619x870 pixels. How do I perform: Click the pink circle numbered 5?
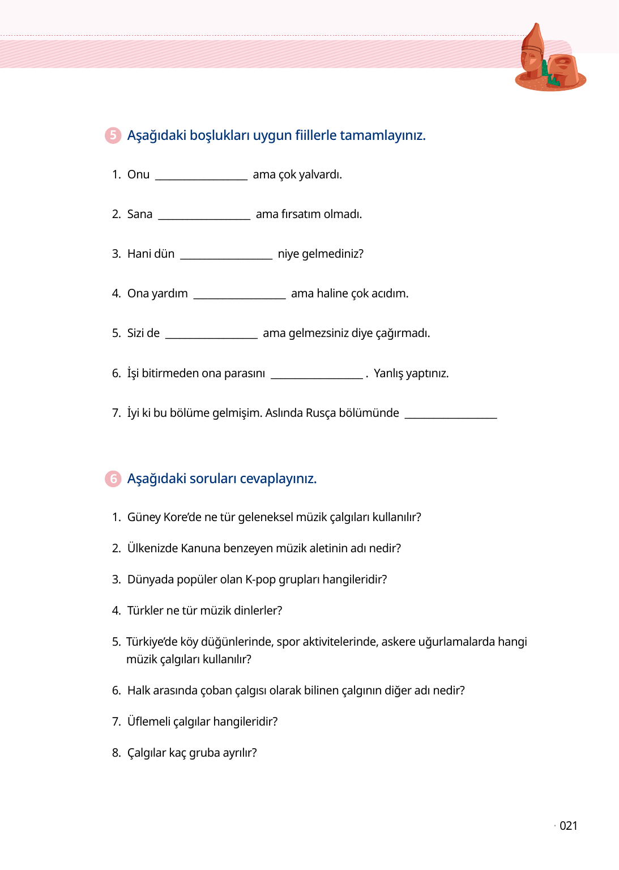pyautogui.click(x=113, y=135)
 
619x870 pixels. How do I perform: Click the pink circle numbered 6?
pyautogui.click(x=113, y=479)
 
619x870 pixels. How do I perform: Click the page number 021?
pyautogui.click(x=568, y=826)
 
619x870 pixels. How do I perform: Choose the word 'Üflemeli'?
pyautogui.click(x=148, y=722)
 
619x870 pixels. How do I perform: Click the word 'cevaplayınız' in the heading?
pyautogui.click(x=278, y=479)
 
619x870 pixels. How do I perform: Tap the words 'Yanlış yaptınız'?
pyautogui.click(x=411, y=373)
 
